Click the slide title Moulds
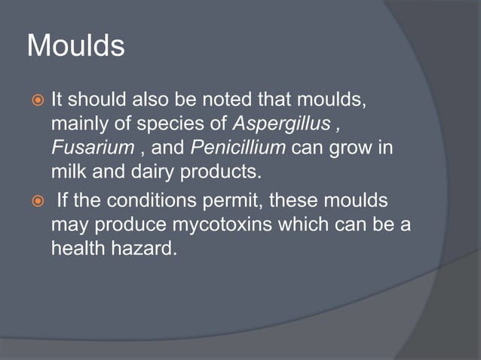(75, 47)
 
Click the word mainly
(77, 122)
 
